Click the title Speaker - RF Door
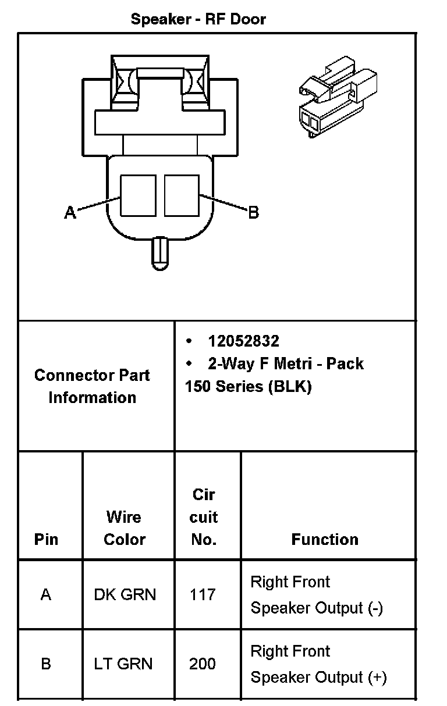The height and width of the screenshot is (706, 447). [x=198, y=19]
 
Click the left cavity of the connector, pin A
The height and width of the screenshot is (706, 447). [x=138, y=195]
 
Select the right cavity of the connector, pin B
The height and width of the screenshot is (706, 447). [x=182, y=195]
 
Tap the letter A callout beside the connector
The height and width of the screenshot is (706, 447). [x=70, y=213]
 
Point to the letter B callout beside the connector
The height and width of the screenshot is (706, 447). [x=253, y=213]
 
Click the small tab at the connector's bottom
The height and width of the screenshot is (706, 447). [x=159, y=254]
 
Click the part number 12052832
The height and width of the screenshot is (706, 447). [x=243, y=341]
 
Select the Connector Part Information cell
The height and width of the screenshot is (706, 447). [x=92, y=386]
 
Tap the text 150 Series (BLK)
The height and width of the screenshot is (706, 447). [x=248, y=387]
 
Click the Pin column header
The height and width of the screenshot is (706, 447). [x=46, y=539]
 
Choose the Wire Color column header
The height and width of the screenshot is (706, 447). [x=124, y=527]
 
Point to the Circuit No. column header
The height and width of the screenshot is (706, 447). [x=204, y=517]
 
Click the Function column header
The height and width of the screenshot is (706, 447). [x=325, y=539]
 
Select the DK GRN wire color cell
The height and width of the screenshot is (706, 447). [x=125, y=594]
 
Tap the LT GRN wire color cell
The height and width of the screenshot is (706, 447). [x=123, y=664]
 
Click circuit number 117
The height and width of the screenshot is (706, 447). [x=203, y=594]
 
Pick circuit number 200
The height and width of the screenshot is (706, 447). [x=203, y=664]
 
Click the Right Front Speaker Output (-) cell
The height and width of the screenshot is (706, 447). [x=317, y=595]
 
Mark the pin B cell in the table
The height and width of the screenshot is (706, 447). [x=46, y=664]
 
